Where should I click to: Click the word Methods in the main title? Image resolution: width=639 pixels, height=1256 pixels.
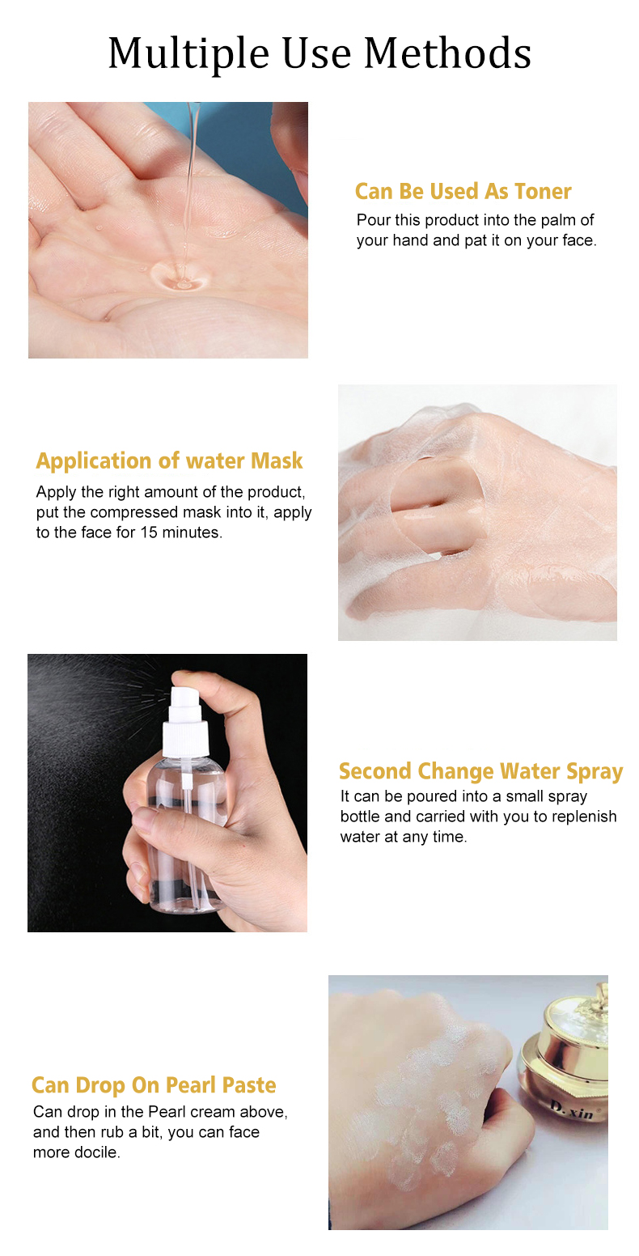pos(447,53)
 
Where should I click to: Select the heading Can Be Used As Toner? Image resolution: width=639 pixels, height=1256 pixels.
pos(463,191)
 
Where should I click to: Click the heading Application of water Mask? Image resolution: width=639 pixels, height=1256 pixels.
pos(169,461)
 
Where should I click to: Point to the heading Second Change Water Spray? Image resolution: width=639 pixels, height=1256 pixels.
pos(481,771)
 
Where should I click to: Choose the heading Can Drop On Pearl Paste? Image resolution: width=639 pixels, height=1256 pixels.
pos(154,1085)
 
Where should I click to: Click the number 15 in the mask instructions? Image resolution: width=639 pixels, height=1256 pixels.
pos(149,533)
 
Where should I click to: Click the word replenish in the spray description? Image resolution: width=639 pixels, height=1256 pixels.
pos(584,817)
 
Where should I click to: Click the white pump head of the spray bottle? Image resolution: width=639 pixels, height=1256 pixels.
pos(185,697)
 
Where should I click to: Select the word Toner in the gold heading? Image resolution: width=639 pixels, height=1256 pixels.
pos(543,191)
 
